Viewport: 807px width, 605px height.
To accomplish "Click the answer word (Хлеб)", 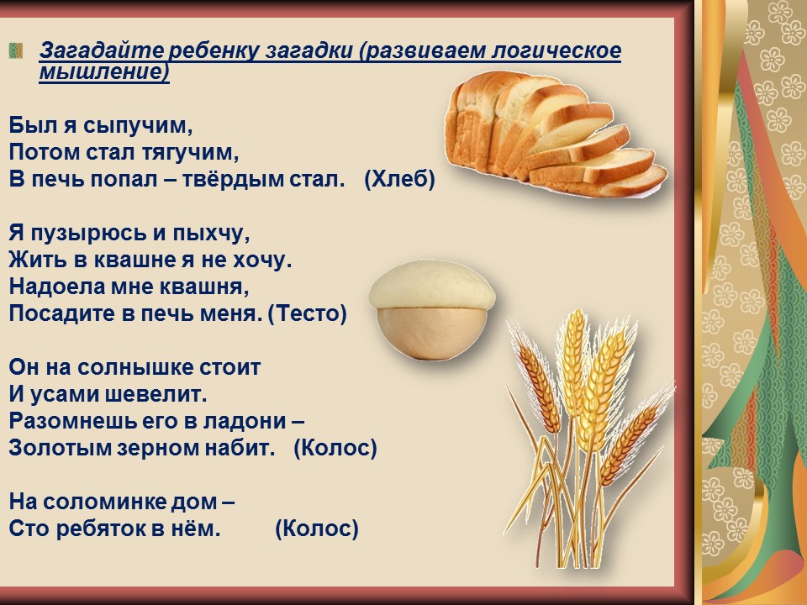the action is (399, 179).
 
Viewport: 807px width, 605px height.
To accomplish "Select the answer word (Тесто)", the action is (308, 313).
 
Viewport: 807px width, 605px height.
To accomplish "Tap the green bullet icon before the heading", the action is (16, 50).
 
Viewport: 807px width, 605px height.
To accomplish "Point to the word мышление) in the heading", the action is (104, 71).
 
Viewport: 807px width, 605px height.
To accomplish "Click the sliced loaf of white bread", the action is (555, 134).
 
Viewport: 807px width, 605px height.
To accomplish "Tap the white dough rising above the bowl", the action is (432, 285).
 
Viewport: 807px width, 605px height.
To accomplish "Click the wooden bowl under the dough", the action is (431, 332).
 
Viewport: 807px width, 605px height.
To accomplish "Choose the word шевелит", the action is (156, 395).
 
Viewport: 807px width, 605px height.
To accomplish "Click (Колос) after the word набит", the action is (335, 448).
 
